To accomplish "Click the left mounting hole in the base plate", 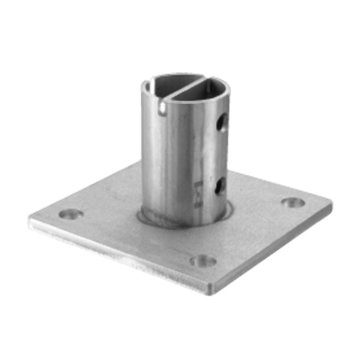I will [x=71, y=214].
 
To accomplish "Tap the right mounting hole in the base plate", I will [x=293, y=202].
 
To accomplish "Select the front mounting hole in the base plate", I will [x=203, y=261].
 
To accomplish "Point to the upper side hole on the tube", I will [x=222, y=123].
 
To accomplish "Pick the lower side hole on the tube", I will [x=220, y=186].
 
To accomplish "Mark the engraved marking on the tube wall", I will [x=198, y=194].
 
